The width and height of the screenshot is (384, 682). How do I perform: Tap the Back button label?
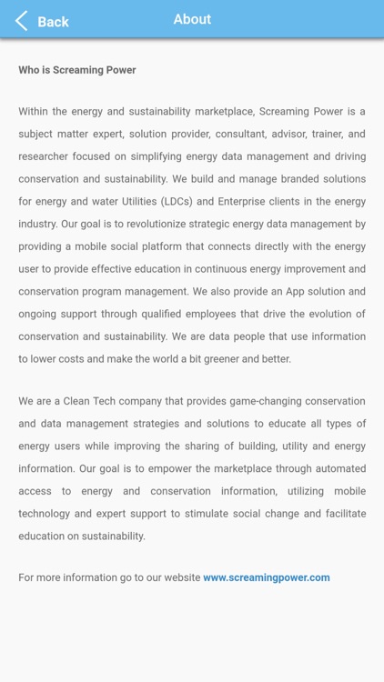pyautogui.click(x=53, y=22)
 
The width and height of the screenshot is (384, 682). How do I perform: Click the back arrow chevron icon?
pyautogui.click(x=21, y=21)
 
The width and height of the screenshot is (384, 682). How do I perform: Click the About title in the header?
pyautogui.click(x=192, y=19)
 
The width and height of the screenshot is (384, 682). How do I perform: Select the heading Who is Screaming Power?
pyautogui.click(x=77, y=70)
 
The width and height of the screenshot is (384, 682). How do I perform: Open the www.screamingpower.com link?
pyautogui.click(x=267, y=577)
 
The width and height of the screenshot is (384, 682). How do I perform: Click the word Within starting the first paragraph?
pyautogui.click(x=35, y=112)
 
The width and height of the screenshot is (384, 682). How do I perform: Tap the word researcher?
pyautogui.click(x=43, y=156)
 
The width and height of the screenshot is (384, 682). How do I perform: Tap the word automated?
pyautogui.click(x=334, y=468)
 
